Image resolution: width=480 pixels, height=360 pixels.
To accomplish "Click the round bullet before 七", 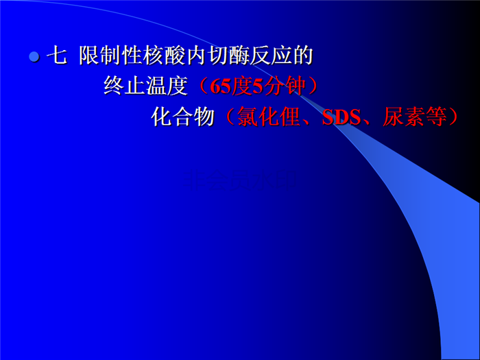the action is pos(34,57).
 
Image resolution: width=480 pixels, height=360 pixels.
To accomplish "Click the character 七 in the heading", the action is pos(56,56).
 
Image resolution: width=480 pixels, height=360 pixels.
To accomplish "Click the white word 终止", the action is pos(125,86).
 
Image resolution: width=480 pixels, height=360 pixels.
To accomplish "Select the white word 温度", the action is pos(167,86).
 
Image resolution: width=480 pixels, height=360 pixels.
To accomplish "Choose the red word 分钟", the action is pos(285,86).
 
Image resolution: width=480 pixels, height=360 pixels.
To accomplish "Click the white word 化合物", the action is pos(183,117).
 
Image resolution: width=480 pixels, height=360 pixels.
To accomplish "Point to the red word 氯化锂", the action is pos(269,117).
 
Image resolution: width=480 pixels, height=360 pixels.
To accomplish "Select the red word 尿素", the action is pos(404,117).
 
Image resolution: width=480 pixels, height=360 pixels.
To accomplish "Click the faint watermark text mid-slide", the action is pos(240,180).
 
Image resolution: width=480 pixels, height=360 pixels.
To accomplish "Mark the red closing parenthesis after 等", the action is pos(453,117).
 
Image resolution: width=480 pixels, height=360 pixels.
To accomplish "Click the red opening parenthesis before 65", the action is pos(204,86).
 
